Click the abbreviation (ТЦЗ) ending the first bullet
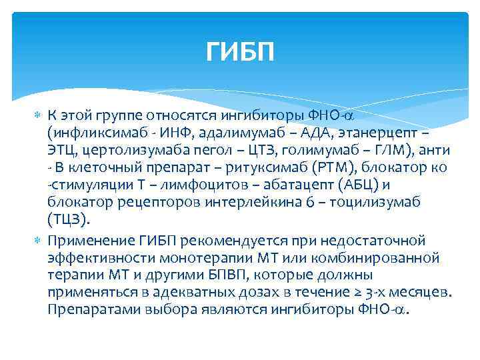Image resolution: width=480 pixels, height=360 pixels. coord(67,219)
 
